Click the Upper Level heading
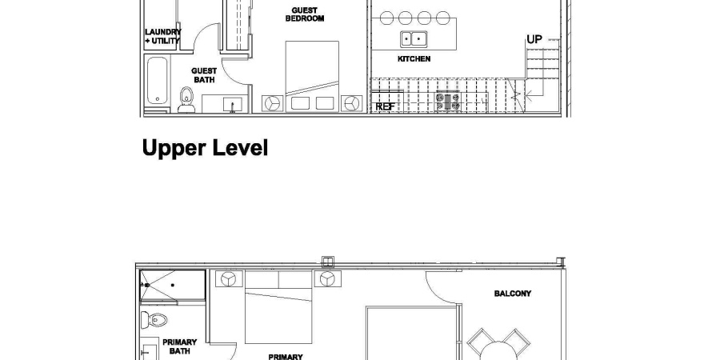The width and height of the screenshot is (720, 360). (205, 149)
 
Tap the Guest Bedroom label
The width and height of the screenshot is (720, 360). (305, 14)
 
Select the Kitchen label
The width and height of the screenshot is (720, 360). (414, 58)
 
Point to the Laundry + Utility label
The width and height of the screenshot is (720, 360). (162, 36)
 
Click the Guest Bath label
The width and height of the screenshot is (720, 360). (204, 75)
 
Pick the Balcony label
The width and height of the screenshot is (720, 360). (513, 294)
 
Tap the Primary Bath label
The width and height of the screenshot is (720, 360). (179, 346)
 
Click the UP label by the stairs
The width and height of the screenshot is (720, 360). (534, 39)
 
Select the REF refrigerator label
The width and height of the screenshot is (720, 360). (385, 106)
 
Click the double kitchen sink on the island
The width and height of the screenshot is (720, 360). (414, 39)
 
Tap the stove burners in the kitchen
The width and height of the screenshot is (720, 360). (448, 101)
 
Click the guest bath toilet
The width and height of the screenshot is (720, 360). (186, 100)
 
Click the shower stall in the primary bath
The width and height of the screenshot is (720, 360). (173, 285)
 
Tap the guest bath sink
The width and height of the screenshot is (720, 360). (232, 105)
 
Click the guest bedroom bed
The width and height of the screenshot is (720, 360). (312, 76)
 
